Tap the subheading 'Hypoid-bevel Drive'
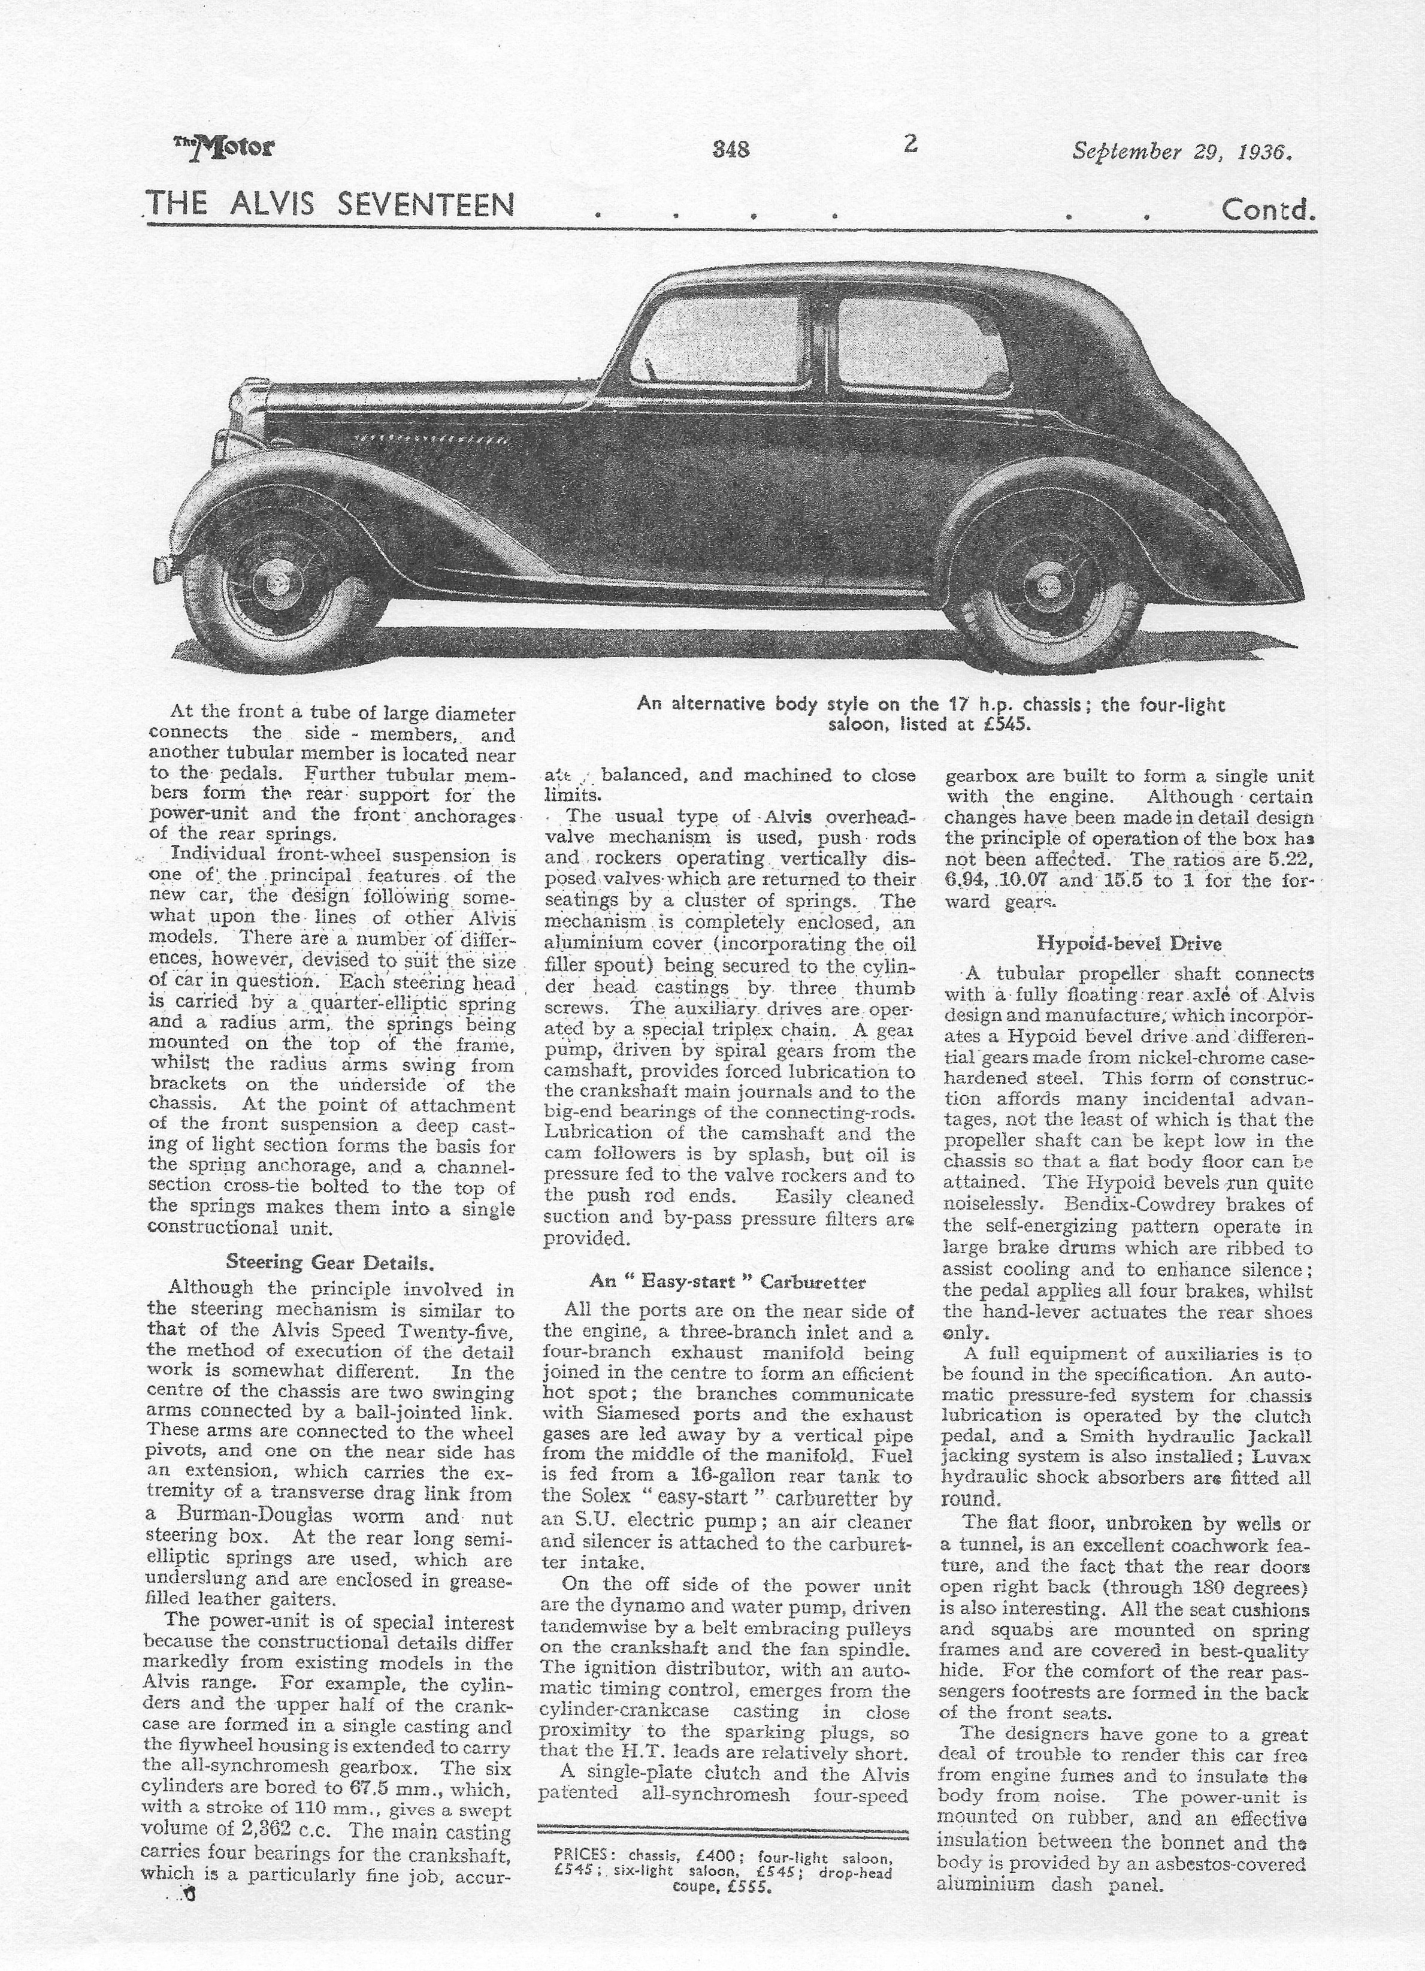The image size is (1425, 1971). (1128, 943)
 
